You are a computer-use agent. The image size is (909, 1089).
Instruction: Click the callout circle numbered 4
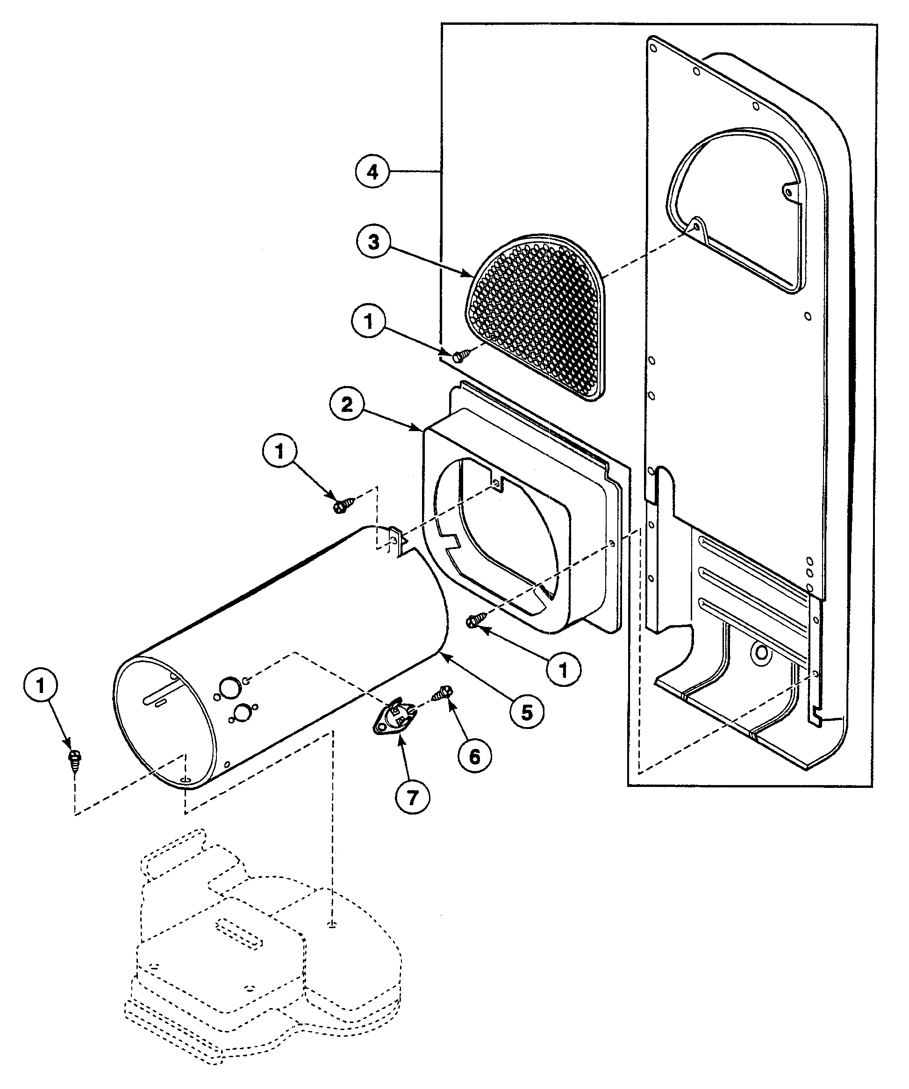[373, 172]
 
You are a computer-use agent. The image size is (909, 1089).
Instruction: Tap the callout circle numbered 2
[347, 404]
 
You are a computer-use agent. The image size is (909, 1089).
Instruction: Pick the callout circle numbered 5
[527, 712]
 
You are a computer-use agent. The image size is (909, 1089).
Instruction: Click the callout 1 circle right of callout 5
[563, 671]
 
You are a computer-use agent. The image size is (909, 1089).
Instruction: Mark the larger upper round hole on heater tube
[228, 688]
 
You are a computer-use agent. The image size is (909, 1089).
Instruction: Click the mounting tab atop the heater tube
[395, 539]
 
